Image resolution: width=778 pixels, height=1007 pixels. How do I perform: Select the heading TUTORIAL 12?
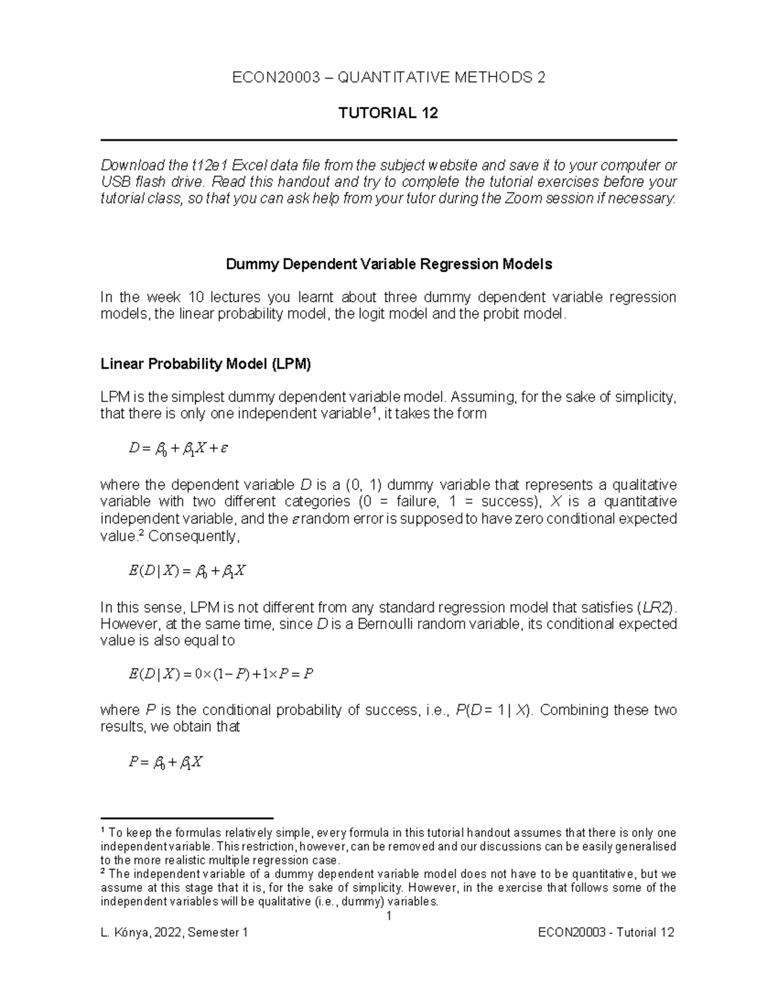pos(388,113)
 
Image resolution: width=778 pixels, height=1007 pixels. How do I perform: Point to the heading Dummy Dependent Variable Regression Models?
pos(388,265)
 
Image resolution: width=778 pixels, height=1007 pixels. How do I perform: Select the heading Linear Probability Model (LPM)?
pos(206,364)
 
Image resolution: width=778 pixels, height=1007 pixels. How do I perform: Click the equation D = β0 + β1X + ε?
pos(178,448)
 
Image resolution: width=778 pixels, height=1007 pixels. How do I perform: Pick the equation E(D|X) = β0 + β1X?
pos(187,571)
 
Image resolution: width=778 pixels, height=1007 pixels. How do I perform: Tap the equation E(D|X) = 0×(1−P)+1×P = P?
pos(221,674)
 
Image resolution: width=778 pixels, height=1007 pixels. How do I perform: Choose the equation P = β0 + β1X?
pos(166,763)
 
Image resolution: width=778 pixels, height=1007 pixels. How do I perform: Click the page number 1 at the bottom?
pos(388,916)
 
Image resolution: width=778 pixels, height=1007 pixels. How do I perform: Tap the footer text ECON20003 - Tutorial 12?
pos(606,933)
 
